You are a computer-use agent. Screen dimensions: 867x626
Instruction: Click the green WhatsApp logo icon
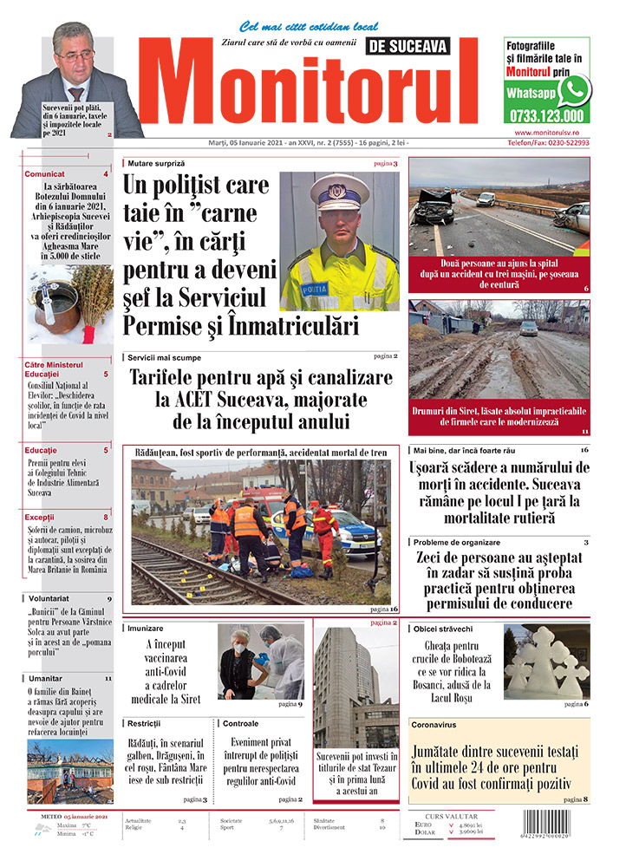tap(574, 90)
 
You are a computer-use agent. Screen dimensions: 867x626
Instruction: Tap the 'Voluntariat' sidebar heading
tap(48, 598)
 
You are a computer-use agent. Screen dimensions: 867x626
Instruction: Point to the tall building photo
tap(355, 685)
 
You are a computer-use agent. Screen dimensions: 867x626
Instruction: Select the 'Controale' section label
tap(240, 723)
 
